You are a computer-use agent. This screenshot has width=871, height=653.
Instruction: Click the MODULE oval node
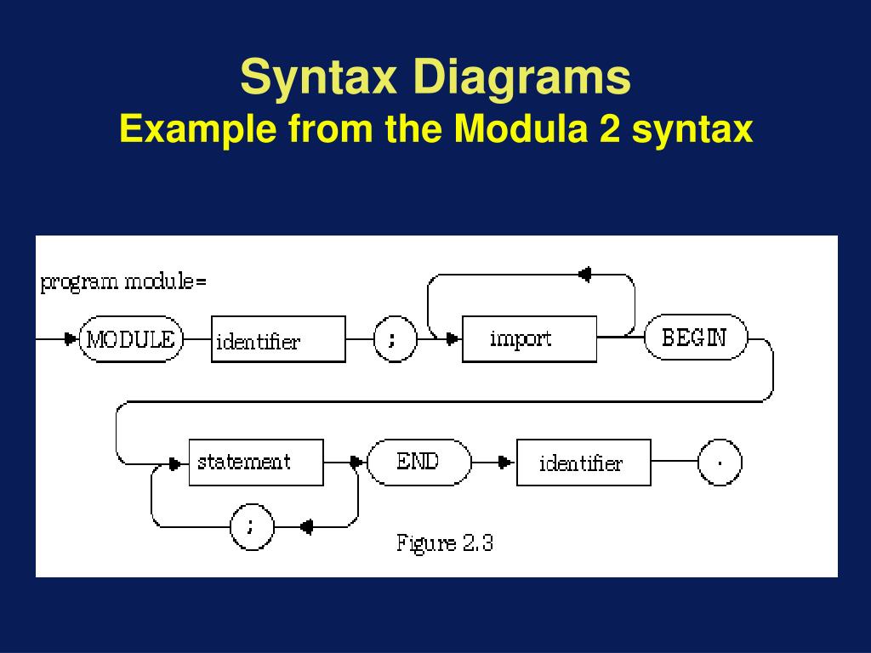pyautogui.click(x=132, y=340)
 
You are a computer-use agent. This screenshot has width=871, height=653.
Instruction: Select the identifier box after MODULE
pyautogui.click(x=278, y=340)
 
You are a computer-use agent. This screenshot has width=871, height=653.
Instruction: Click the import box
pyautogui.click(x=528, y=339)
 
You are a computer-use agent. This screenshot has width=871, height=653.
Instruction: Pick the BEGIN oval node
pyautogui.click(x=695, y=338)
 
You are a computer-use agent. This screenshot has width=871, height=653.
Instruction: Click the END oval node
pyautogui.click(x=418, y=463)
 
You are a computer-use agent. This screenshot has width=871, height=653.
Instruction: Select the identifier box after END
pyautogui.click(x=584, y=463)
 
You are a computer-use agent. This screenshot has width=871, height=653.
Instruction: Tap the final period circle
pyautogui.click(x=720, y=463)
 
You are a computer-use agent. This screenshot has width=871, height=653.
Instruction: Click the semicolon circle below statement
pyautogui.click(x=253, y=526)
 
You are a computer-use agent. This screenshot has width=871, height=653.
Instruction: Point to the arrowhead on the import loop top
pyautogui.click(x=584, y=274)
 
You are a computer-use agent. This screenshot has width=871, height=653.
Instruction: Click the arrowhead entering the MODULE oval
pyautogui.click(x=71, y=340)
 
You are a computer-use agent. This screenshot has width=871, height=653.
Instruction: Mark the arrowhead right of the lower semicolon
pyautogui.click(x=306, y=526)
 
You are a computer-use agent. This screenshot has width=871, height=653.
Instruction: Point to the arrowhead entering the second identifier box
pyautogui.click(x=506, y=463)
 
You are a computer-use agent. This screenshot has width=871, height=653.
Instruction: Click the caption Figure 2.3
pyautogui.click(x=445, y=542)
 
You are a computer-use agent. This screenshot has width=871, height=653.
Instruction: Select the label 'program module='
pyautogui.click(x=123, y=282)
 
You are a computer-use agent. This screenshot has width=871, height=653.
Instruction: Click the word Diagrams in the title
pyautogui.click(x=522, y=77)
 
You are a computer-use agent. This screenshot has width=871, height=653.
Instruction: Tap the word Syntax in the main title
pyautogui.click(x=319, y=77)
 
